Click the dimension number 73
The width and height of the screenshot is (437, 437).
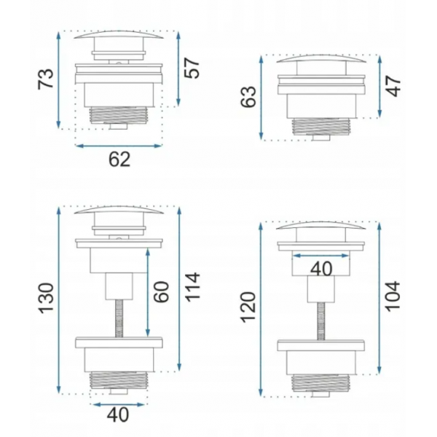[x=46, y=79]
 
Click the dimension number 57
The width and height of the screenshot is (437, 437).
[x=192, y=68]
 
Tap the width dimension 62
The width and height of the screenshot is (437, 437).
[x=119, y=160]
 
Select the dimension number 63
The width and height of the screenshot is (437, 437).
[x=248, y=96]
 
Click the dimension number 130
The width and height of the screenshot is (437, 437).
[x=46, y=299]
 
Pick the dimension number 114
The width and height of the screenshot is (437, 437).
[x=192, y=287]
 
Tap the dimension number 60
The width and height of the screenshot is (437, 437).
[x=162, y=292]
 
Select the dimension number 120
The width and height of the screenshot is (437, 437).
[x=248, y=307]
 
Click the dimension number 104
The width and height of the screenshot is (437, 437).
[x=393, y=296]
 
